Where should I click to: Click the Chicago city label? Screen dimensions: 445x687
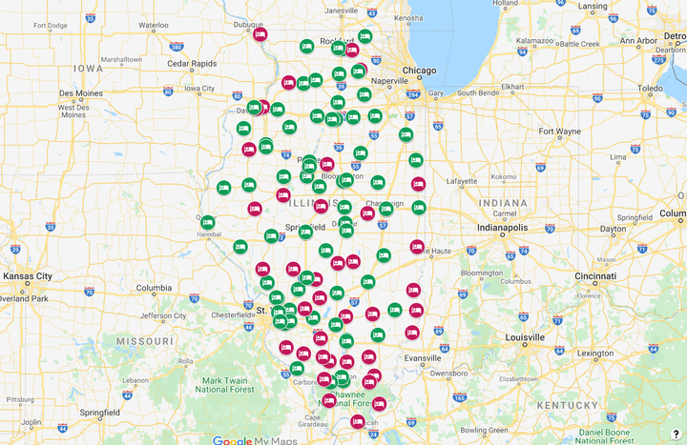pyautogui.click(x=419, y=71)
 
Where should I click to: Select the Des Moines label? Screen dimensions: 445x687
pyautogui.click(x=80, y=93)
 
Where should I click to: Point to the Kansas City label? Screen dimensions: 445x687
pyautogui.click(x=27, y=276)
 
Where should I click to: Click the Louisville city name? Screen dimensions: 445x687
pyautogui.click(x=526, y=338)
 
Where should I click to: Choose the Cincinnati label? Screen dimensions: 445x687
pyautogui.click(x=594, y=275)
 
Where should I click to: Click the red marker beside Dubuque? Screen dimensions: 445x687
pyautogui.click(x=260, y=33)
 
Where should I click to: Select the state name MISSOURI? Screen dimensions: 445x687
pyautogui.click(x=145, y=340)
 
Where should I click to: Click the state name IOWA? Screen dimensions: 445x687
pyautogui.click(x=88, y=69)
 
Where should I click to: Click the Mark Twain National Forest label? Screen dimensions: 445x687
pyautogui.click(x=224, y=383)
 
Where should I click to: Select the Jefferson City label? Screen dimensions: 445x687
pyautogui.click(x=162, y=315)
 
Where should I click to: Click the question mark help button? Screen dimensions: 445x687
pyautogui.click(x=676, y=434)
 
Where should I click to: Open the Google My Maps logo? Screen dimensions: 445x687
pyautogui.click(x=254, y=439)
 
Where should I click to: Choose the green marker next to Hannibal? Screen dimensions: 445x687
pyautogui.click(x=207, y=222)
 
